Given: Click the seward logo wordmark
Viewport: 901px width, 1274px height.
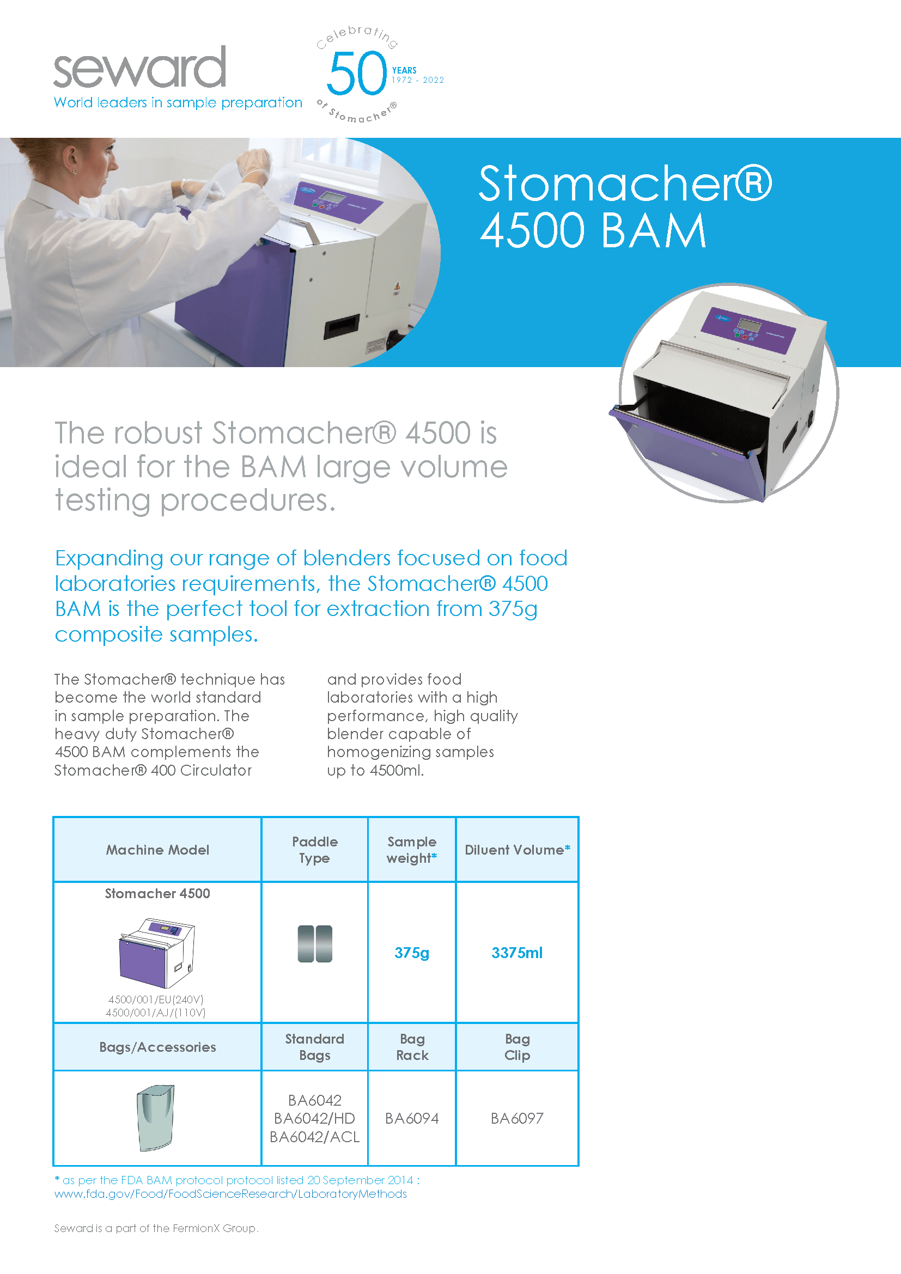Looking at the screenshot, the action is [139, 68].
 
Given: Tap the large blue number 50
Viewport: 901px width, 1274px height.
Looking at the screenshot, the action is [356, 73].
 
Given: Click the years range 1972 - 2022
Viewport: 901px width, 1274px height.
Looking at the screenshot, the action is [418, 81].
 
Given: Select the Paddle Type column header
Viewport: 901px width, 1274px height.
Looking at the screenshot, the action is [314, 850].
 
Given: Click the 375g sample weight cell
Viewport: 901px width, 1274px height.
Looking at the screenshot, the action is [412, 953].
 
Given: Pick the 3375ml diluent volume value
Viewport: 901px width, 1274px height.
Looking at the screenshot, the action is [516, 953].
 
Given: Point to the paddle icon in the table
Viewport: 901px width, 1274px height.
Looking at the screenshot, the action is [314, 943].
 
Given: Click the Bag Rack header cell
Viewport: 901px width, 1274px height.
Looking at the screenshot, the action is [412, 1046].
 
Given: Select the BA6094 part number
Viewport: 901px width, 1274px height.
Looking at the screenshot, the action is [412, 1118].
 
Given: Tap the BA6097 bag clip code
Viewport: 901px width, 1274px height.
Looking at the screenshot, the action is [516, 1118].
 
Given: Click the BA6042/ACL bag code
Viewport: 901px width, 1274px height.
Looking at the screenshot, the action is [314, 1137].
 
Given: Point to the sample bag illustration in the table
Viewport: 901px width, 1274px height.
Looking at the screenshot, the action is [156, 1118].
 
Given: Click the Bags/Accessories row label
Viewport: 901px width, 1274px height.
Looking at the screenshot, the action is [157, 1047].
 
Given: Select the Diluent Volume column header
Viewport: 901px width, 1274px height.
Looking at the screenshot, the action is [517, 850].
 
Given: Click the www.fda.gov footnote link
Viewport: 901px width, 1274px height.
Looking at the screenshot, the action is [230, 1194].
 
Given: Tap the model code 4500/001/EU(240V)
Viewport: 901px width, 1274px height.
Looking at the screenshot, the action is [156, 999].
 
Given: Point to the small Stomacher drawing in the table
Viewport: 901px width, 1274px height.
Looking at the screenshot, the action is [157, 953].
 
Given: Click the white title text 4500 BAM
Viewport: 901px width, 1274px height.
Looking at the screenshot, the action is [593, 230].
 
